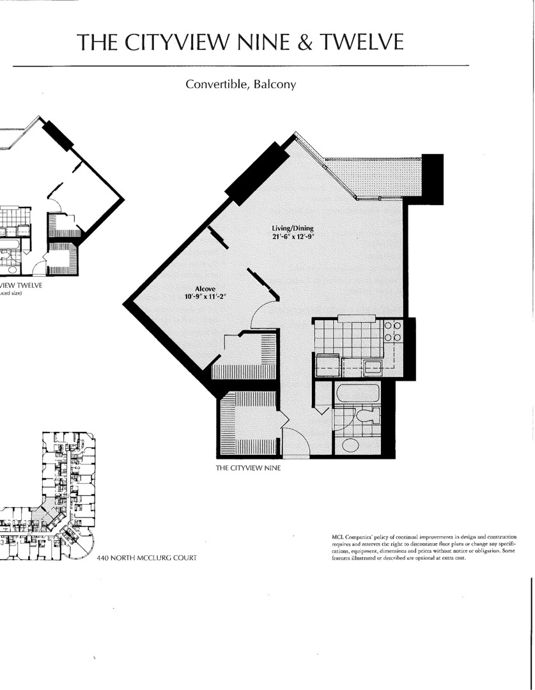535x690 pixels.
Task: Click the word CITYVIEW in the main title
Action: pyautogui.click(x=168, y=42)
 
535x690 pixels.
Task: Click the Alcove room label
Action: pyautogui.click(x=204, y=289)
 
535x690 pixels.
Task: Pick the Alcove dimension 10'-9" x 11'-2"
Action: pyautogui.click(x=205, y=296)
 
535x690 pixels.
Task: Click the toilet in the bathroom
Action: pyautogui.click(x=368, y=417)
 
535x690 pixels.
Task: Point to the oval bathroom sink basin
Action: pyautogui.click(x=351, y=444)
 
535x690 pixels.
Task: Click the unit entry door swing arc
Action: pyautogui.click(x=295, y=442)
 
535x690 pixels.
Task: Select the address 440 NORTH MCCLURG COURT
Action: pyautogui.click(x=146, y=558)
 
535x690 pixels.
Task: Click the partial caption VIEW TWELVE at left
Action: pyautogui.click(x=22, y=286)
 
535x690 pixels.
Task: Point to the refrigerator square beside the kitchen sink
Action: pyautogui.click(x=328, y=366)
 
